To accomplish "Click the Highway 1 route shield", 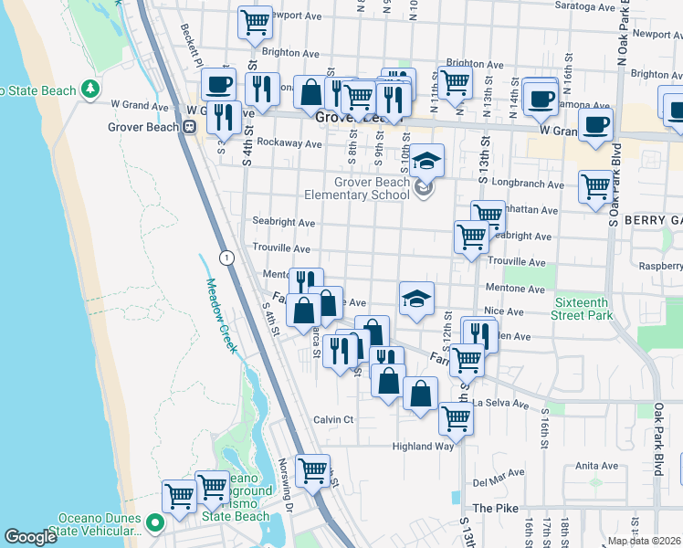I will (x=226, y=258).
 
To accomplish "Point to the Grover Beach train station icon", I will (x=190, y=127).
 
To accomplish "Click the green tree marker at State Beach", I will (x=89, y=89).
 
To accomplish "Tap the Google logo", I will (x=30, y=537).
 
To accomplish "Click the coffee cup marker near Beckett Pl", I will (x=217, y=85).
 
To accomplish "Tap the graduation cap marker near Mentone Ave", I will (x=416, y=298).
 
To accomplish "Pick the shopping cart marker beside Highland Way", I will (x=456, y=418).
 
